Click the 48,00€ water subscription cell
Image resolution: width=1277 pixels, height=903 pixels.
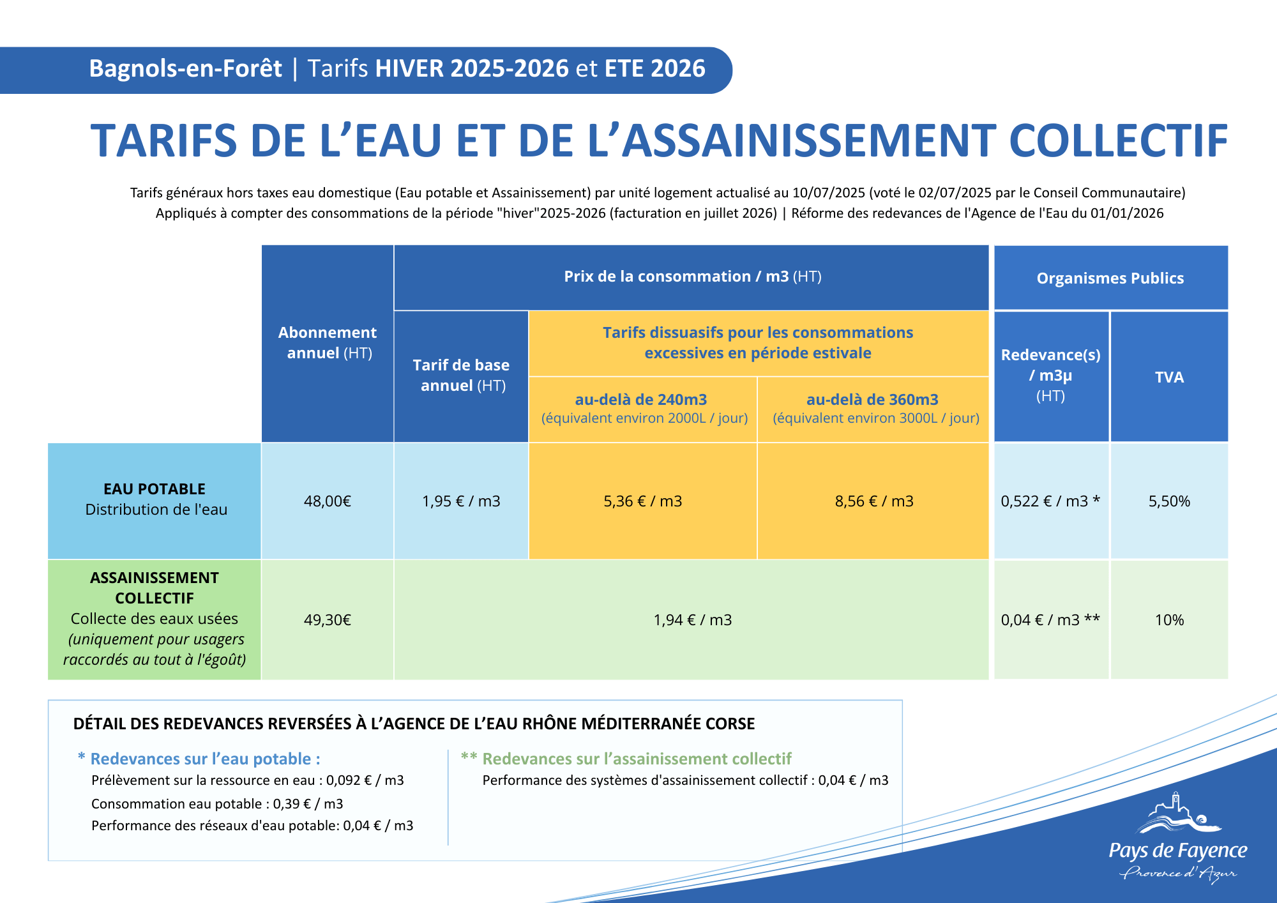tap(328, 501)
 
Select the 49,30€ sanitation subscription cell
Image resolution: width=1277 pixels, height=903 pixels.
tap(328, 620)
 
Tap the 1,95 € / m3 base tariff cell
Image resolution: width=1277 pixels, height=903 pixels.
tap(461, 501)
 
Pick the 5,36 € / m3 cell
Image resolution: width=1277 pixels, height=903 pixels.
tap(643, 501)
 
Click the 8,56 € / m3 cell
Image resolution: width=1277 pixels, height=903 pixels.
tap(874, 501)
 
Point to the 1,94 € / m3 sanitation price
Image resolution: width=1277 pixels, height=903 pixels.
tap(693, 620)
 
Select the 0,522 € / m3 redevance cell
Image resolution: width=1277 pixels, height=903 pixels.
tap(1050, 501)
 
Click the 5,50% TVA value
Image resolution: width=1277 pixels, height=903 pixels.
tap(1169, 501)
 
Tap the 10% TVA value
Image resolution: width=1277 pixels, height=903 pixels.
tap(1169, 620)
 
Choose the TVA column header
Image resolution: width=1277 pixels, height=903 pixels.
tap(1169, 377)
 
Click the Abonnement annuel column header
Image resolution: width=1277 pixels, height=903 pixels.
tap(328, 343)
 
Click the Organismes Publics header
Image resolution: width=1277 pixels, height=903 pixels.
tap(1110, 278)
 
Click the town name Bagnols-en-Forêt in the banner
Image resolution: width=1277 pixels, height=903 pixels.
tap(185, 69)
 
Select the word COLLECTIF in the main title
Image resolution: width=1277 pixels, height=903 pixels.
tap(1118, 141)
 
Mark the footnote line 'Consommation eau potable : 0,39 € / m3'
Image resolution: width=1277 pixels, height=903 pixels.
tap(217, 804)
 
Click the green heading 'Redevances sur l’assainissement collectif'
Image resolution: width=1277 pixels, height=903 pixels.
tap(637, 759)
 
